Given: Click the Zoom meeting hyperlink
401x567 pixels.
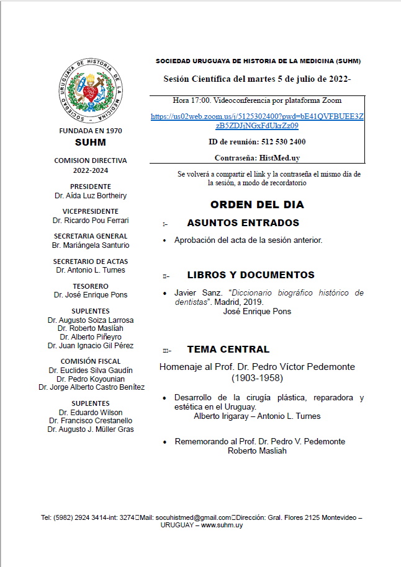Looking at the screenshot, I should point(257,121).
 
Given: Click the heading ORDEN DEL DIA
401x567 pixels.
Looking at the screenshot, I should point(256,204).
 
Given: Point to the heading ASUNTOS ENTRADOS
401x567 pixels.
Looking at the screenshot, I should point(243,223).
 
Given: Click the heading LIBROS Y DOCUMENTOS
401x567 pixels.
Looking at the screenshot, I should point(251,275).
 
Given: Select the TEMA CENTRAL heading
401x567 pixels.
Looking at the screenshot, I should point(228,349).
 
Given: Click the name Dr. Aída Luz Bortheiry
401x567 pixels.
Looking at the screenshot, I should point(91,196).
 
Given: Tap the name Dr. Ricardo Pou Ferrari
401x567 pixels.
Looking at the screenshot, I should point(91,221).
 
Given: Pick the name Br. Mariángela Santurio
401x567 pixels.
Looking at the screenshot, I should point(91,245).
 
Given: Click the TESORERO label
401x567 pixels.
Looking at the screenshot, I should point(91,286).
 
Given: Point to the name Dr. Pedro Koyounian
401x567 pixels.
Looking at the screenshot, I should point(91,378).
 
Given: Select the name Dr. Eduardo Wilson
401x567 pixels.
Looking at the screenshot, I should point(91,412).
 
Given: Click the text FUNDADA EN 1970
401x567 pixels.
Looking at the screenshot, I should point(91,131).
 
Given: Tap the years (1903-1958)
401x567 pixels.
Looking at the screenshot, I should point(257,377).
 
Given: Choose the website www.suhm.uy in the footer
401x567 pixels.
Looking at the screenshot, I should point(222,525).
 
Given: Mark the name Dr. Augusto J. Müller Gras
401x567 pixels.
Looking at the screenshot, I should point(91,429).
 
